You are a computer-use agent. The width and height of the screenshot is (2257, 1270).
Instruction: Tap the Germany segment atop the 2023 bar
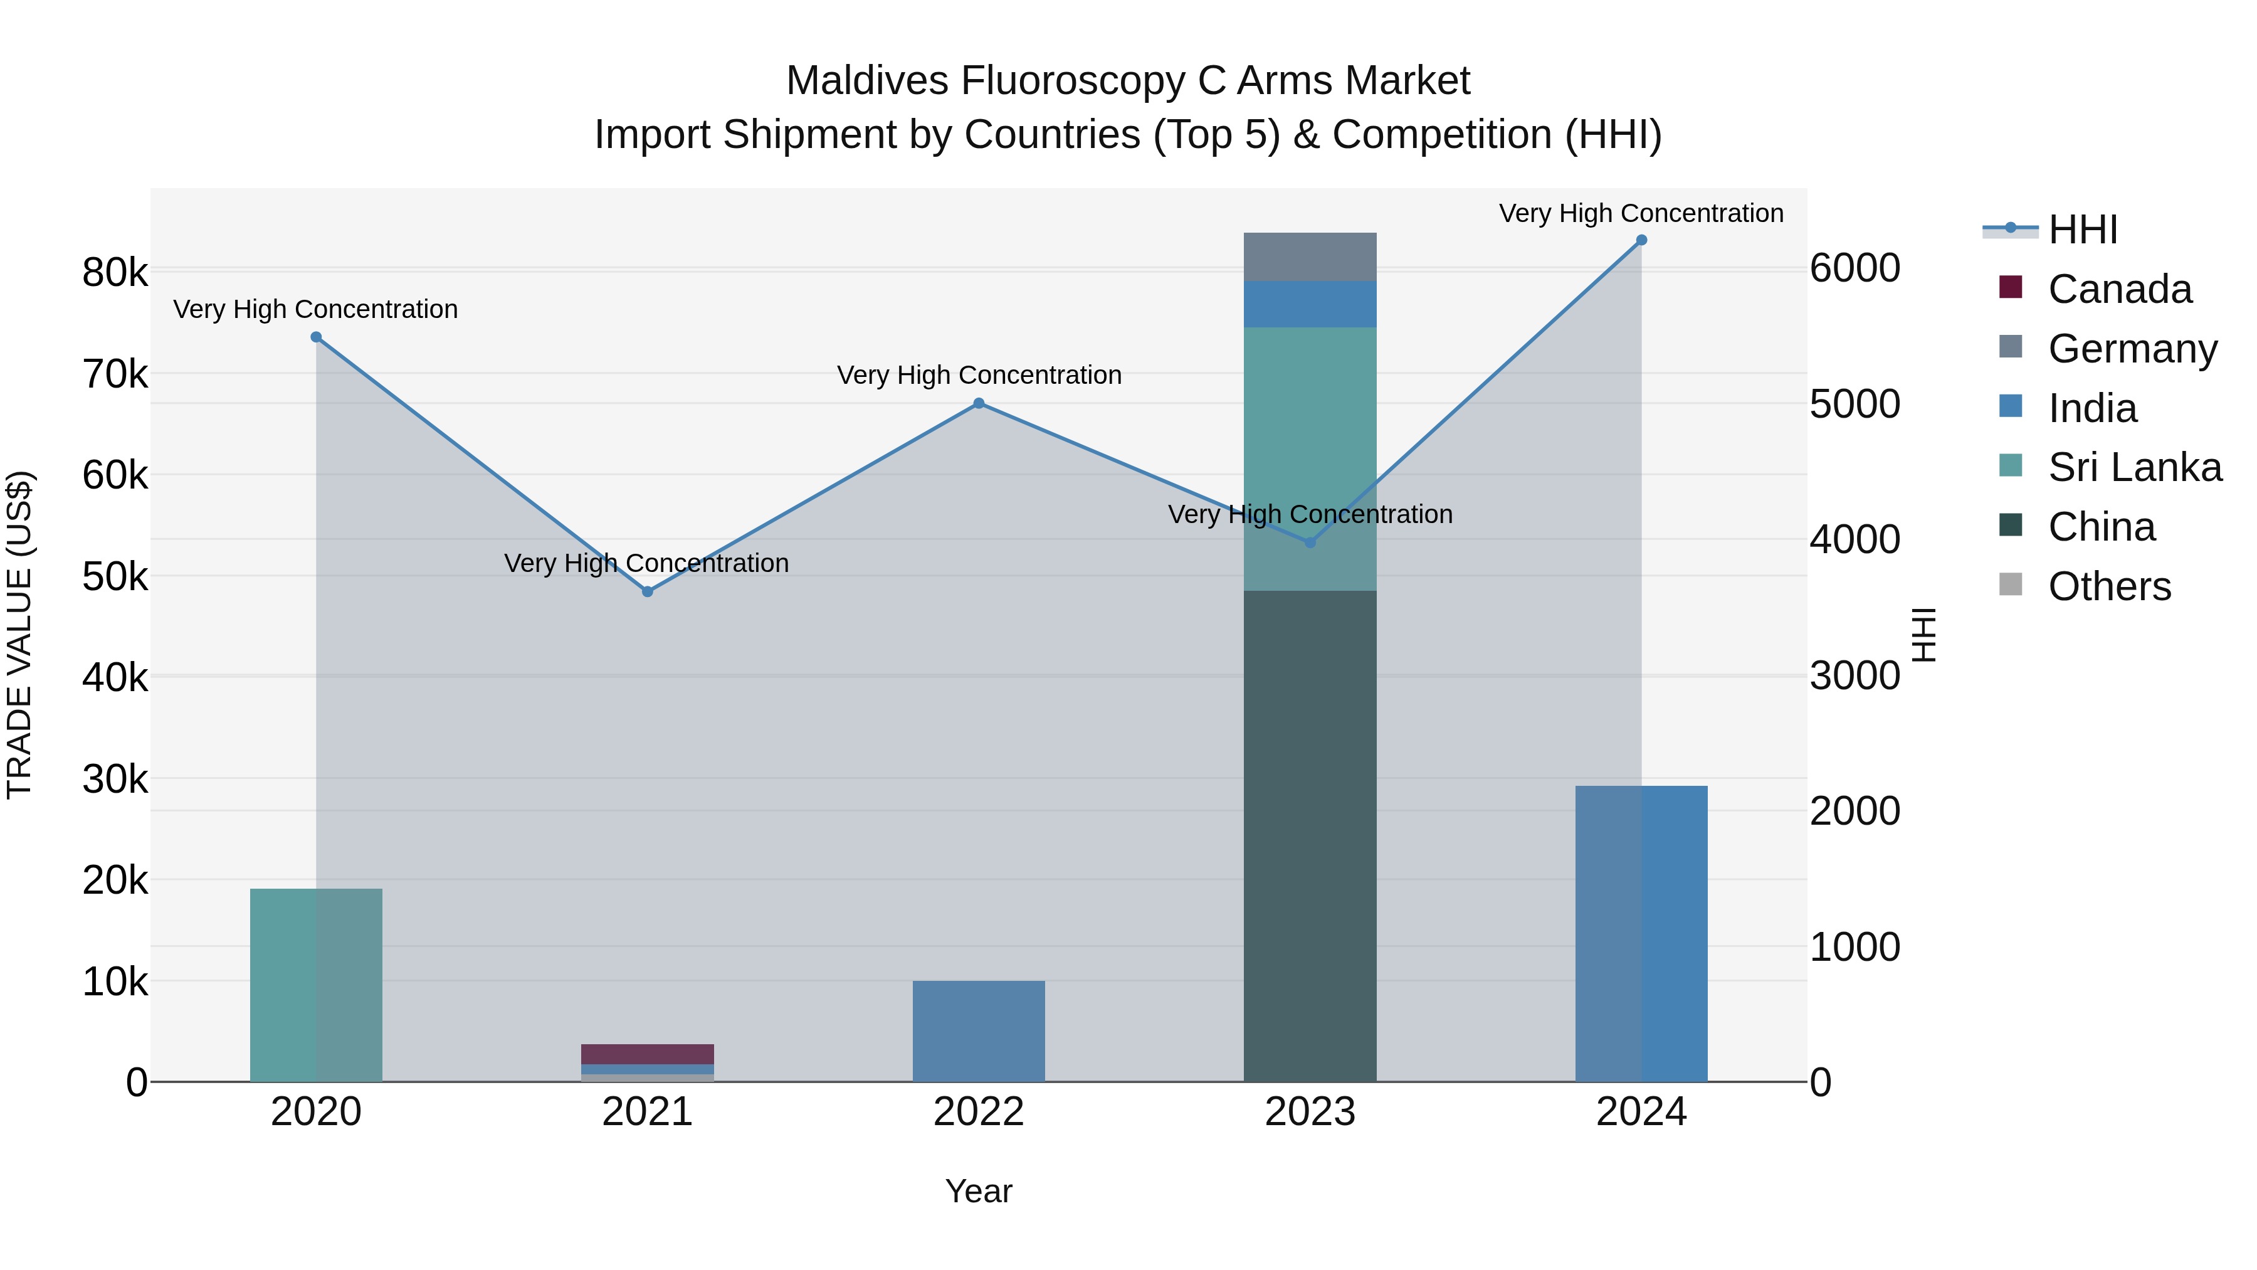click(1310, 257)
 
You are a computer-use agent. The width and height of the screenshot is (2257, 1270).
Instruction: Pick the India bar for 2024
click(1641, 933)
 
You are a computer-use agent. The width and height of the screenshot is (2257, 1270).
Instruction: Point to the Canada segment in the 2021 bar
click(648, 1054)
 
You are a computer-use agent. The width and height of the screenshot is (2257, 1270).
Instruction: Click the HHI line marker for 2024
click(1641, 240)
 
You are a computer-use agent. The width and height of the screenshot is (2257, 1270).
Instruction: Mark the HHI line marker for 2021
click(648, 591)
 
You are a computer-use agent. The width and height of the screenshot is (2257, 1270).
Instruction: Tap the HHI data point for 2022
click(979, 403)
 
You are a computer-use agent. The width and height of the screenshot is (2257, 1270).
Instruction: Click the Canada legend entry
click(2120, 289)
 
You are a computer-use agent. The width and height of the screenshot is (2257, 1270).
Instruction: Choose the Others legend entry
click(2109, 586)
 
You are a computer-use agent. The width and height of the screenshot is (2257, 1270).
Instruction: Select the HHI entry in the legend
click(2083, 230)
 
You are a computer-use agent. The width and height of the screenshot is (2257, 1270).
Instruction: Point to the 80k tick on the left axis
click(115, 273)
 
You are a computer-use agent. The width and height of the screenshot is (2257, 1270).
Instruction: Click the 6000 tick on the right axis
click(1854, 268)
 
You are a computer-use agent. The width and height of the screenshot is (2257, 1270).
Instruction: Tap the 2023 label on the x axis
click(1310, 1112)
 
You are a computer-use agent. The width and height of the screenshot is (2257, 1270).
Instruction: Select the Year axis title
click(979, 1191)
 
